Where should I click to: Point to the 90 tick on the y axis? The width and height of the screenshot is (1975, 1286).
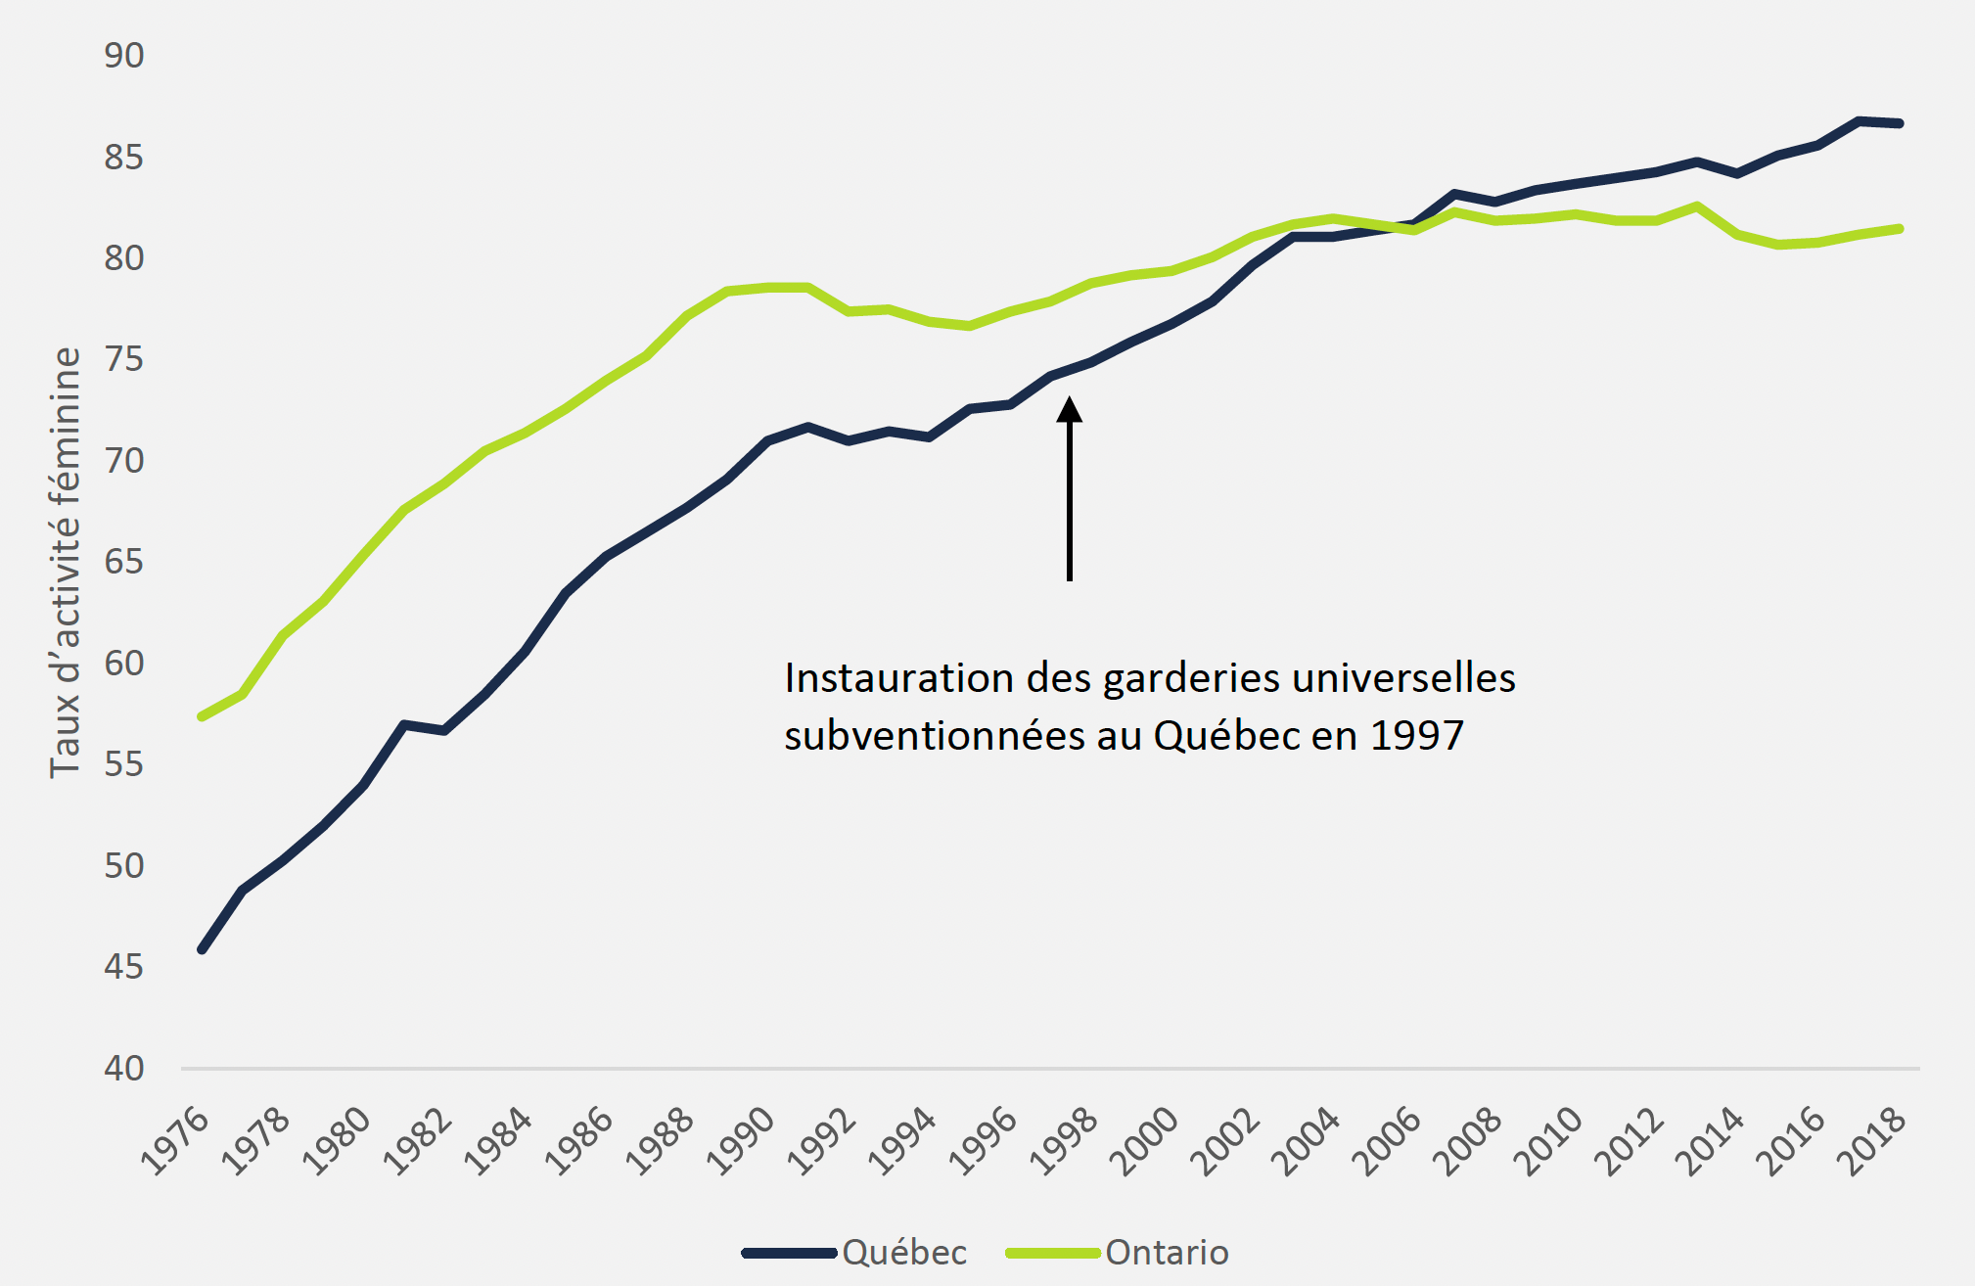point(124,56)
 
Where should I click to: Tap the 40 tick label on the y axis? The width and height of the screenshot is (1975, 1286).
point(124,1068)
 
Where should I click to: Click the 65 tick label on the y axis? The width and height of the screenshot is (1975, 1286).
point(124,562)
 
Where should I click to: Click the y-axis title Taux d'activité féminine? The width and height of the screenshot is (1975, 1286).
point(66,562)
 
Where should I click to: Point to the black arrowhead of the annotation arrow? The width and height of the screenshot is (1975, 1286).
point(1070,409)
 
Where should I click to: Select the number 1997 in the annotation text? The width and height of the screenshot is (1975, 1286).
point(1416,736)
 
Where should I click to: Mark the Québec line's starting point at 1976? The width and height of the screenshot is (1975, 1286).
point(202,949)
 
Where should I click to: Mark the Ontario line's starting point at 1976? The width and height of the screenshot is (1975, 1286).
point(202,716)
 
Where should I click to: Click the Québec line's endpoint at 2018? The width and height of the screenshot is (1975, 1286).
point(1899,123)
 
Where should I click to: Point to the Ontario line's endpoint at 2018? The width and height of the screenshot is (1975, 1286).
point(1899,229)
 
